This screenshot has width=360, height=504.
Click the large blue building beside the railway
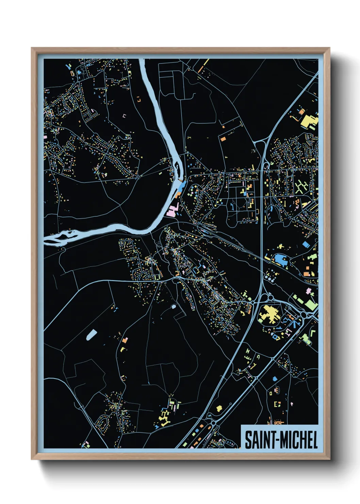pyautogui.click(x=280, y=259)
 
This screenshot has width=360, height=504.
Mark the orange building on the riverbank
pyautogui.click(x=178, y=195)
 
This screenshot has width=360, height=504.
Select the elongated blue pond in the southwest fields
pyautogui.click(x=91, y=334)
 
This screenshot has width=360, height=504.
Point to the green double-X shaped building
pyautogui.click(x=300, y=187)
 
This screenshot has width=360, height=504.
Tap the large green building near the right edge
pyautogui.click(x=311, y=304)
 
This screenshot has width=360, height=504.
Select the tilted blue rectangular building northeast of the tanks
pyautogui.click(x=306, y=245)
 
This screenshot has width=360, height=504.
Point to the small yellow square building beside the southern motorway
pyautogui.click(x=219, y=408)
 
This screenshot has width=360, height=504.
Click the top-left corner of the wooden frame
pyautogui.click(x=32, y=48)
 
